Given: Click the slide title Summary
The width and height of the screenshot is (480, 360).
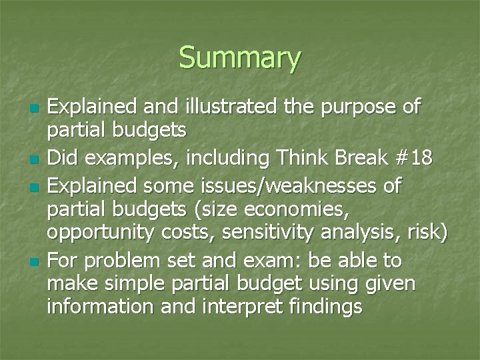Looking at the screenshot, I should (240, 58).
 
